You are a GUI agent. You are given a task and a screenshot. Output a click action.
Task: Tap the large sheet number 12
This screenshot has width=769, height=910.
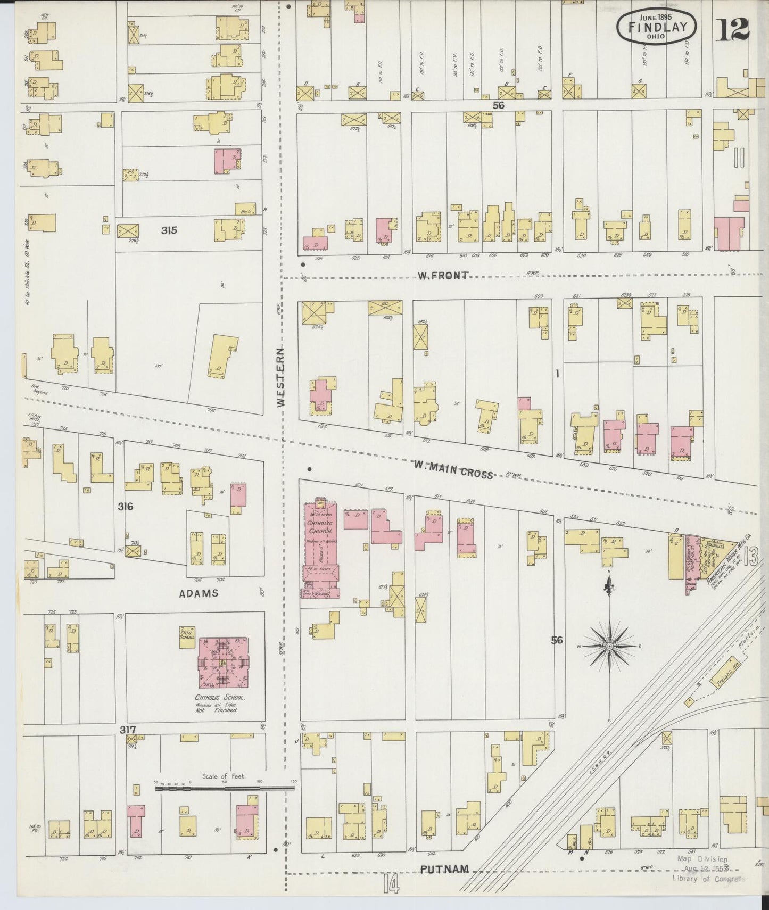(x=732, y=29)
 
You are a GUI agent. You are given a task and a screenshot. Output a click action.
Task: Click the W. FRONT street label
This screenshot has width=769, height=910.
(x=443, y=275)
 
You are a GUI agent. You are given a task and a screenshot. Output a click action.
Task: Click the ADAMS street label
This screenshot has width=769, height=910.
(x=198, y=593)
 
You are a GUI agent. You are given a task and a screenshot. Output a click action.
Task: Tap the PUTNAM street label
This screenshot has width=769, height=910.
(x=444, y=869)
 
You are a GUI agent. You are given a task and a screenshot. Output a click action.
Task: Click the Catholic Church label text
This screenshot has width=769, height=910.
(x=320, y=527)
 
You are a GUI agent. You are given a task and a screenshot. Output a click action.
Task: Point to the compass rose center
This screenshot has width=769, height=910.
(x=609, y=646)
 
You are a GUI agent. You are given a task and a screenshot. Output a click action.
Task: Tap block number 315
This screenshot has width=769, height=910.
(x=169, y=230)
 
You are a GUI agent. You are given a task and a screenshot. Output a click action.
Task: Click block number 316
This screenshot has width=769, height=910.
(x=126, y=506)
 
